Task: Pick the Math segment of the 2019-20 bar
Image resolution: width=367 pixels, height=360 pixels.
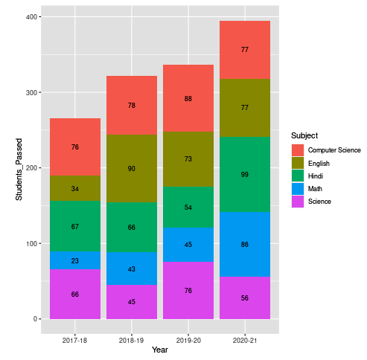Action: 188,244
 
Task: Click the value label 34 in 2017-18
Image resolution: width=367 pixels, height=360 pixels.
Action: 75,188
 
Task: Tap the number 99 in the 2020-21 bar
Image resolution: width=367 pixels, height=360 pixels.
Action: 245,174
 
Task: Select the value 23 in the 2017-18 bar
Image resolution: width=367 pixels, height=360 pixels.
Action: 75,260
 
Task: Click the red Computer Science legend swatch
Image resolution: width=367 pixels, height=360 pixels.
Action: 298,150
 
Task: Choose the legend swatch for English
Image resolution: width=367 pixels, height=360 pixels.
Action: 298,162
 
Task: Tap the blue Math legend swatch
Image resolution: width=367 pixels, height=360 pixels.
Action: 298,188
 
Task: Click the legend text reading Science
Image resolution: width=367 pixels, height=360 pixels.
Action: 320,201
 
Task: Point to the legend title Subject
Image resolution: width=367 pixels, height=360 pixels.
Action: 305,135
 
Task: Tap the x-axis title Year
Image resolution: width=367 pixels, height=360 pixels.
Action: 160,350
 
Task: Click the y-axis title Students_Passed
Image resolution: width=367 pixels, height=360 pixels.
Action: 20,169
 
